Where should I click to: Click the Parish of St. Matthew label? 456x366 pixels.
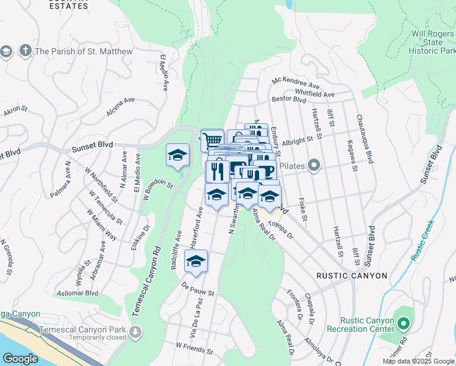(84, 52)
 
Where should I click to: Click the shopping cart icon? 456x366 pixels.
(212, 140)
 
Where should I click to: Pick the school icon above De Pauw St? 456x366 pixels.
(196, 260)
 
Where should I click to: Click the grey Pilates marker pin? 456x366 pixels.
(314, 165)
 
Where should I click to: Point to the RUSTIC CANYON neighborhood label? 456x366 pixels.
(351, 276)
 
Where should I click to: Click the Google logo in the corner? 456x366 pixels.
(21, 359)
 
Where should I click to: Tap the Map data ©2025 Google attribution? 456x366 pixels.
(418, 361)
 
